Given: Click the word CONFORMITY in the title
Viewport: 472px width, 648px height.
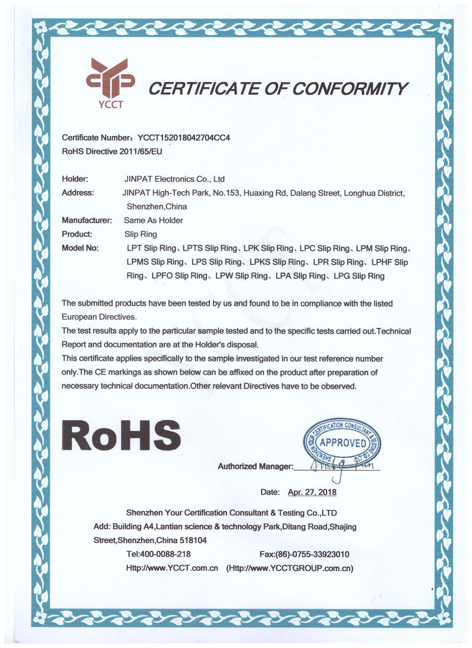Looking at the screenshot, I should [x=349, y=89].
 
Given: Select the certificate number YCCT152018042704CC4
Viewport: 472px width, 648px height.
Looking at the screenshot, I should [x=184, y=138].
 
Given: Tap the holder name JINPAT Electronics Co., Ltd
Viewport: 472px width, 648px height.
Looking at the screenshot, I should [x=174, y=179].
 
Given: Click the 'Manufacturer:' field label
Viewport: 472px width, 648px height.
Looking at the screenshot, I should [x=87, y=220].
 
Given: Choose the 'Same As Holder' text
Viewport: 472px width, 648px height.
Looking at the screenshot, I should [x=153, y=220].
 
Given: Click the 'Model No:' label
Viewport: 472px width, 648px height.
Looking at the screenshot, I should [x=80, y=248].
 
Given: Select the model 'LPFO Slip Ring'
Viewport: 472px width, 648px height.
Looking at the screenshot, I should [x=179, y=276].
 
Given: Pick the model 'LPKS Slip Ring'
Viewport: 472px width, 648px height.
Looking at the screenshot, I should [x=277, y=262].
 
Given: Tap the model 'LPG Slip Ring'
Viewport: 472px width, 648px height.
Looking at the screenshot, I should [x=359, y=276].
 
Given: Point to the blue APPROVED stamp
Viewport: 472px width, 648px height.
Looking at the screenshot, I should [x=343, y=442].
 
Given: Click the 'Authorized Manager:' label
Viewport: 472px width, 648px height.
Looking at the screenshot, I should [x=255, y=467].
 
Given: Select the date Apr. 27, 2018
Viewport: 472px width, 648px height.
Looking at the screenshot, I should [x=312, y=492].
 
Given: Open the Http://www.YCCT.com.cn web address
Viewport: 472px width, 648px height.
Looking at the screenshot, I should [x=172, y=568].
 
